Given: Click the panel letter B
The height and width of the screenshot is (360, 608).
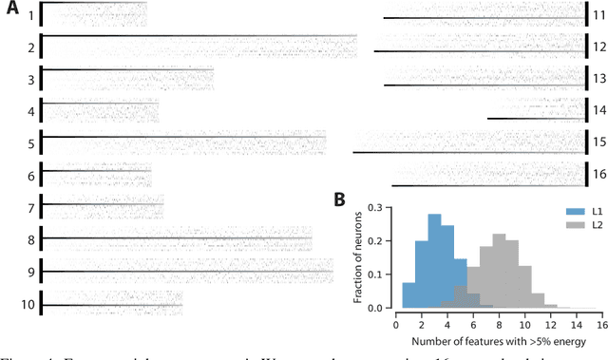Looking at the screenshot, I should coord(338,199).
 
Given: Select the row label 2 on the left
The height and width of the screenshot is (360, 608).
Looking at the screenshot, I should coord(31,47).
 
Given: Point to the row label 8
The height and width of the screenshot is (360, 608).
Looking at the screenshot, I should coord(31,240).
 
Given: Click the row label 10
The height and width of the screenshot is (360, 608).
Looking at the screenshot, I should coord(28,305).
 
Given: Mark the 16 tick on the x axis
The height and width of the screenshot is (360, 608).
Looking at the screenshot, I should coord(600,323).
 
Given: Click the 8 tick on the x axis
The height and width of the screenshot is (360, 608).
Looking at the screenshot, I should coord(499,323).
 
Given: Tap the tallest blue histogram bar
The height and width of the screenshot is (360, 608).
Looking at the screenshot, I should coord(435,262).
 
